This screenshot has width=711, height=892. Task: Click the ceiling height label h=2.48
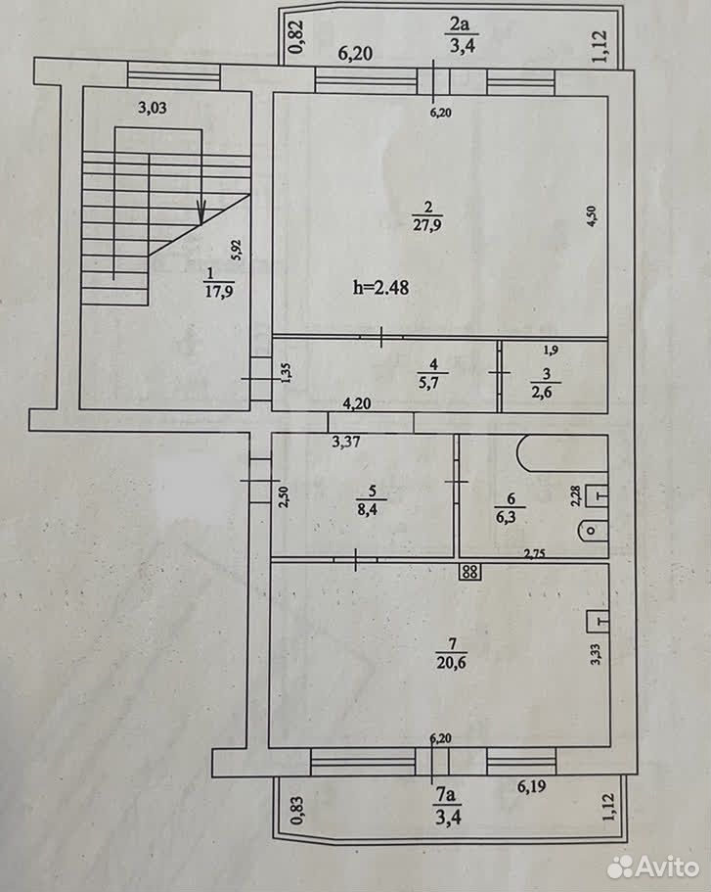380,287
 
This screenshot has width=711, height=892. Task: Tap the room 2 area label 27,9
427,224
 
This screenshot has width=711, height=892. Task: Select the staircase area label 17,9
219,292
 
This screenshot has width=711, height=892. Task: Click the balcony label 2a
460,25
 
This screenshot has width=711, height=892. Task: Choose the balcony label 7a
446,794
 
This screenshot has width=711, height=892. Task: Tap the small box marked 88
470,572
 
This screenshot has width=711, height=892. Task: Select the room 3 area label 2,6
542,392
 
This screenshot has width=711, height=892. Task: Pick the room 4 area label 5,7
429,383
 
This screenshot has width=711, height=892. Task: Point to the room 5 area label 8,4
368,509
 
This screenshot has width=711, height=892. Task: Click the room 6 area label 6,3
507,517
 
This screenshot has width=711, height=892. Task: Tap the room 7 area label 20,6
452,662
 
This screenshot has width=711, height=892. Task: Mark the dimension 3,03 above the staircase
153,108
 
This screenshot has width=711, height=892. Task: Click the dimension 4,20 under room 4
357,403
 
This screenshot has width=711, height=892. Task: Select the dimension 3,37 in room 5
346,441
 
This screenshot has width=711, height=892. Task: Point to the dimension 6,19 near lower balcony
531,786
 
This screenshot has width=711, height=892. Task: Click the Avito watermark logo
653,867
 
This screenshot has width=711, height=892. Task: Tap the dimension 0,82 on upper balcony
296,37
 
